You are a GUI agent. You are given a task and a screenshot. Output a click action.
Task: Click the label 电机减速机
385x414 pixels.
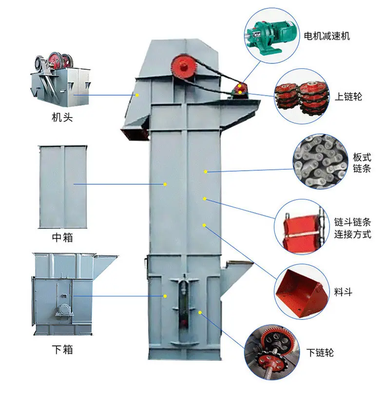coord(327,36)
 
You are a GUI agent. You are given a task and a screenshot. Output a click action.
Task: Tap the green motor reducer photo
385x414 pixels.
coord(271,36)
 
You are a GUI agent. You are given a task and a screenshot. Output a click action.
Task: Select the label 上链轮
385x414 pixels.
coord(348,97)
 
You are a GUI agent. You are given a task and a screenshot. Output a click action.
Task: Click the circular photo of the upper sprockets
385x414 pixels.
coord(302,96)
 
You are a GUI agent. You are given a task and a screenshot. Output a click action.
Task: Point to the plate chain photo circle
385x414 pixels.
coord(321,161)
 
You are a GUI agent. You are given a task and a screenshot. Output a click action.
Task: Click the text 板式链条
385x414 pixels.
coord(362,163)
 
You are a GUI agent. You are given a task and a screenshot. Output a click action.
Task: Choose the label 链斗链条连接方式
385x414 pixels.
coord(352,228)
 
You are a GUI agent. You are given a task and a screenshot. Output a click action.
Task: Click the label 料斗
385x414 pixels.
coord(343,292)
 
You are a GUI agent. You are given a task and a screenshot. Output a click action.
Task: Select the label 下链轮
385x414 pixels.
coord(320,353)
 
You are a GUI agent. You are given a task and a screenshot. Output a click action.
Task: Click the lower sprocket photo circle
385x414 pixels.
coord(272,352)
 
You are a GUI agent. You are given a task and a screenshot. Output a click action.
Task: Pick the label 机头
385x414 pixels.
coord(62,118)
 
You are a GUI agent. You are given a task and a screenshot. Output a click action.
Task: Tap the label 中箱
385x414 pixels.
coord(62,237)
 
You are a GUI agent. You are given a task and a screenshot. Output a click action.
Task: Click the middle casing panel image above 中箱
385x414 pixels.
coord(62,187)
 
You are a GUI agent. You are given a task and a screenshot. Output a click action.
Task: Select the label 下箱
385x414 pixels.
coord(62,350)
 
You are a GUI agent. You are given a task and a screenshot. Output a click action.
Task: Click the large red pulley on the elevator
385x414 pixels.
coord(184,66)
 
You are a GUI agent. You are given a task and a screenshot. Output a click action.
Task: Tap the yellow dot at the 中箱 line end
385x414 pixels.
coord(165,184)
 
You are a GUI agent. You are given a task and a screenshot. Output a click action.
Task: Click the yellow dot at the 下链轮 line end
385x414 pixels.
coord(200,313)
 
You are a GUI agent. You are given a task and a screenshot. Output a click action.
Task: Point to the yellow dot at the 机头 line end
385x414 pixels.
coord(137,95)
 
